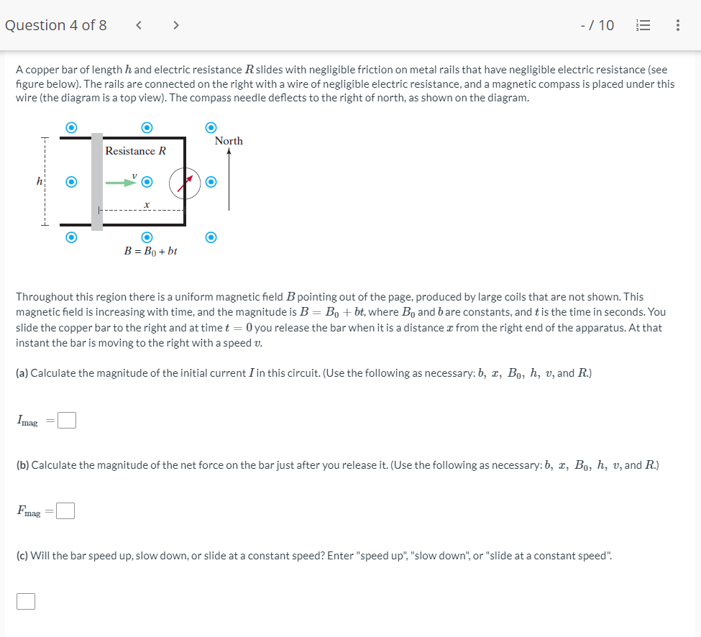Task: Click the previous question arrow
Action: point(139,26)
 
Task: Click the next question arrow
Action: point(175,26)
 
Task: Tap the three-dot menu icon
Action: point(678,26)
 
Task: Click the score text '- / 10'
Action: point(597,26)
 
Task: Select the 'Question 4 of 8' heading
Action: point(55,25)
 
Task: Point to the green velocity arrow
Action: point(120,183)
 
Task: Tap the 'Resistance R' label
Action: point(135,151)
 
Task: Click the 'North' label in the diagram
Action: point(229,141)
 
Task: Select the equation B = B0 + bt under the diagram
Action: point(151,252)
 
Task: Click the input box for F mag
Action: point(65,511)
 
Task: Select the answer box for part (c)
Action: point(25,601)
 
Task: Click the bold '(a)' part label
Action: point(22,373)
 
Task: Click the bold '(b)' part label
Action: point(23,465)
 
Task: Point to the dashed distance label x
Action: point(147,206)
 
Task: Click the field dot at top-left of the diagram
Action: point(71,127)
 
